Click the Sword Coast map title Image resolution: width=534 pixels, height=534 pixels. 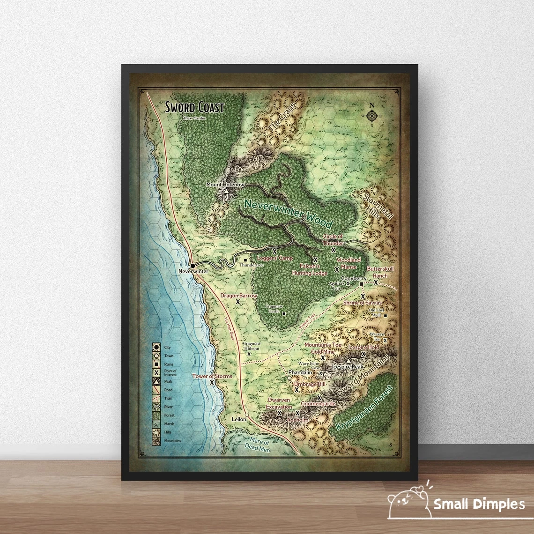point(194,107)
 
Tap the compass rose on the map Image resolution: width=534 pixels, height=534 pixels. point(372,115)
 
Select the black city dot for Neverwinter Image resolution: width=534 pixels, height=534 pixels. point(193,266)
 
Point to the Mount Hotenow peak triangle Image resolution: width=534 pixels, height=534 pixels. point(226,192)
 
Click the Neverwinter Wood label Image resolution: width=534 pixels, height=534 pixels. point(289,213)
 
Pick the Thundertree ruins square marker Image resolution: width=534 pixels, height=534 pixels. point(245,260)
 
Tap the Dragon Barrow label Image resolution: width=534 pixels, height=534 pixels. point(239,296)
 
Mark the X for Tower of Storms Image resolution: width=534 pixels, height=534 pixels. point(212,382)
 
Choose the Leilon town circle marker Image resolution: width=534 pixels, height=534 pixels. point(247,415)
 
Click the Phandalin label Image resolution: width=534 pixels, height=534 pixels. point(300,372)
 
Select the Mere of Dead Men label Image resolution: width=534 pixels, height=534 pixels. point(258,445)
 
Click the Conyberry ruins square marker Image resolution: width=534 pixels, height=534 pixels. point(361,284)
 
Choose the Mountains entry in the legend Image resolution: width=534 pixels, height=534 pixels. point(156,440)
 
